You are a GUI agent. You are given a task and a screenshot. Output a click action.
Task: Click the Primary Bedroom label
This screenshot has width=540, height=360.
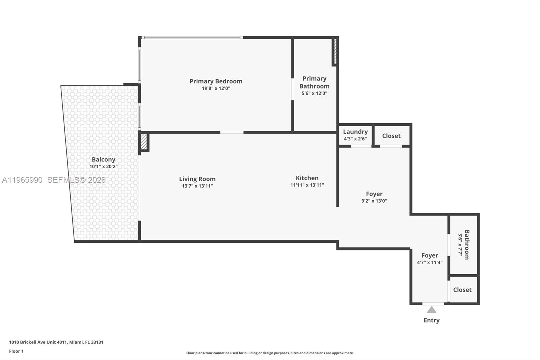216,81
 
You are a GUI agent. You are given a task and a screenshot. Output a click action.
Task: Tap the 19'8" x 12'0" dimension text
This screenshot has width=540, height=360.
216,88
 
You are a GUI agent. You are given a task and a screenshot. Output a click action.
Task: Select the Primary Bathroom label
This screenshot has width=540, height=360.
314,82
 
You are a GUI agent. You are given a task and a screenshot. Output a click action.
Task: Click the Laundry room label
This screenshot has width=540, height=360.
355,132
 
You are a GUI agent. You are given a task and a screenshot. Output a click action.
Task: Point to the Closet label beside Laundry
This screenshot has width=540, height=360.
391,136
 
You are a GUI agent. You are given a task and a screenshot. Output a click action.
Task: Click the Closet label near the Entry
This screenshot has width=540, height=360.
462,290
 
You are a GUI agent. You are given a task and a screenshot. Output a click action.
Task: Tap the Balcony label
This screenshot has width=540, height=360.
103,159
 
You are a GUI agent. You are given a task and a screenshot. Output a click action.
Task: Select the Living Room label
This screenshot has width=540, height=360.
197,179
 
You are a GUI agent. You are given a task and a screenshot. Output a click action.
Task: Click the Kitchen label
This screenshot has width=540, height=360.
307,178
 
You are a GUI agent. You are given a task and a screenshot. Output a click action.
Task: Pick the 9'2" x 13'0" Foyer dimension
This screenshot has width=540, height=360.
374,201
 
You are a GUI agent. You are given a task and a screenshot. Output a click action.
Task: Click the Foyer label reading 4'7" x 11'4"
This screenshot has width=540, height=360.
429,256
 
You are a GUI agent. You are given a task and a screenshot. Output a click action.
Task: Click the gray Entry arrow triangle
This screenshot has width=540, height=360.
431,310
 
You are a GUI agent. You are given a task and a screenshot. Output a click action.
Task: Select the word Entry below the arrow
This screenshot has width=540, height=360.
431,320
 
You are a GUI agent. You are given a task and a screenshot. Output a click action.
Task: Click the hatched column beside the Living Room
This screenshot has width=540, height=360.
144,142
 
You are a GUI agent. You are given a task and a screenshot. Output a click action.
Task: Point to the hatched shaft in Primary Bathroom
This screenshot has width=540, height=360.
335,52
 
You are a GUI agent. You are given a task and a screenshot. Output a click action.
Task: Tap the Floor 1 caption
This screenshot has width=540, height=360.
16,351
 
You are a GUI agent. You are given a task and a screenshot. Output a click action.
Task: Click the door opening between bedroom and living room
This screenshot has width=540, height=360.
232,132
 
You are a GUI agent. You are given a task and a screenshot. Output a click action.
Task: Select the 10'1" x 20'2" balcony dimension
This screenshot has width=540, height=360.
103,166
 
